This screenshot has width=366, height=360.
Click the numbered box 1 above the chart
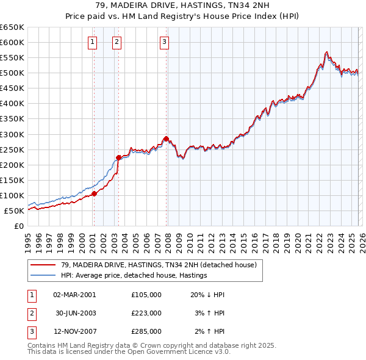click(92, 42)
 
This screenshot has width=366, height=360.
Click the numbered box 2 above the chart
click(116, 42)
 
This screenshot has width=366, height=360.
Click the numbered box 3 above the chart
click(165, 42)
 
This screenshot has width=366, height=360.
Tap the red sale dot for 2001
click(94, 194)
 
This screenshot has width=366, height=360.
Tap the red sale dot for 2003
click(118, 158)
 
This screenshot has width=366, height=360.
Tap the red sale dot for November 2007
click(166, 139)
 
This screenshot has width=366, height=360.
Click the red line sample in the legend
click(43, 265)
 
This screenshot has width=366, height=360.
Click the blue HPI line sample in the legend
click(43, 275)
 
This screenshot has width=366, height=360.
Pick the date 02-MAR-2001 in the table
click(74, 295)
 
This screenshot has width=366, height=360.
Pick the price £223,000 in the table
click(146, 313)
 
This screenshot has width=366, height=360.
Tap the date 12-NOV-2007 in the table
click(74, 331)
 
